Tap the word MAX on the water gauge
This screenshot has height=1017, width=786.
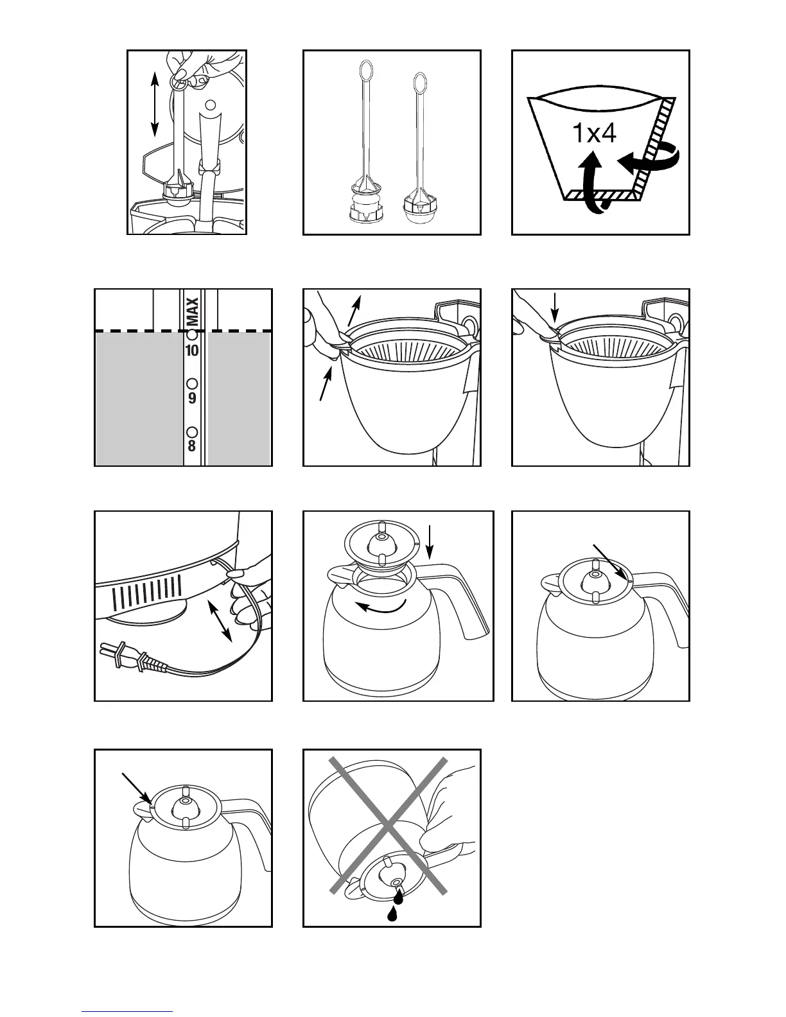(192, 310)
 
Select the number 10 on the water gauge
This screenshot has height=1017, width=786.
(191, 351)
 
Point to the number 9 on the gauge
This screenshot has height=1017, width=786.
(191, 398)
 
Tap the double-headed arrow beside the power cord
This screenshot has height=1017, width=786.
(219, 621)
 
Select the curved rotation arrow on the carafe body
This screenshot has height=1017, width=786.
(382, 607)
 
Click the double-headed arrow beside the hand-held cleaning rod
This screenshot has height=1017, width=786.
(154, 104)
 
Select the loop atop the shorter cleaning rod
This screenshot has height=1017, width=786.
(420, 82)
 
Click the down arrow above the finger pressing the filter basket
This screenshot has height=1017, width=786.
(555, 307)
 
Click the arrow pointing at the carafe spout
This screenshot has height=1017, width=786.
(137, 788)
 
